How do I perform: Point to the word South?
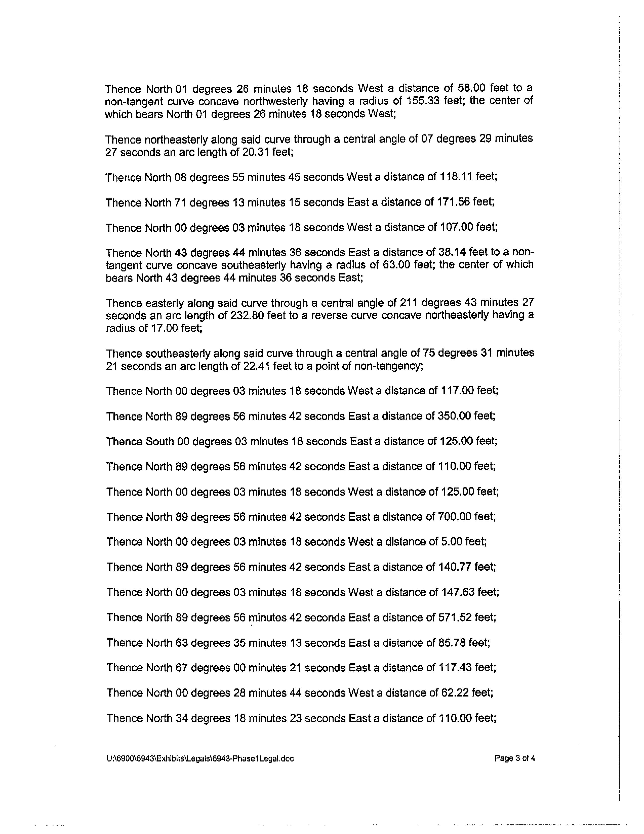pos(160,441)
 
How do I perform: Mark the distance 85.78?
pos(452,643)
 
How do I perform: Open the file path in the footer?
pos(200,759)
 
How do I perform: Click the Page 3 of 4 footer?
pos(515,758)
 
